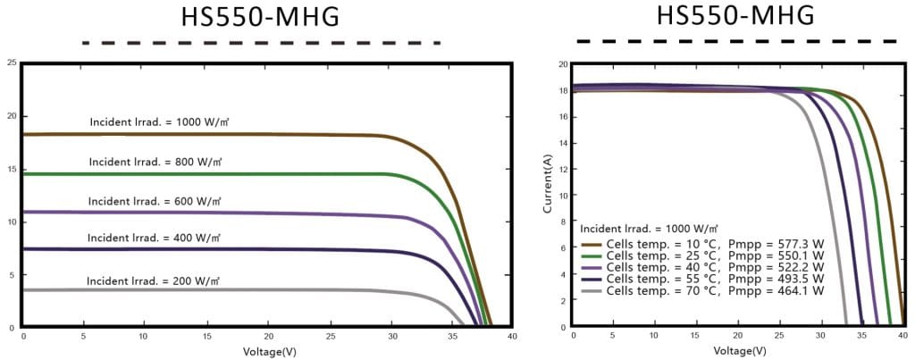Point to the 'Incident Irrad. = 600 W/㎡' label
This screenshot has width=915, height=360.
click(153, 201)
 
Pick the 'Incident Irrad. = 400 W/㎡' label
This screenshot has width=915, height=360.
click(153, 239)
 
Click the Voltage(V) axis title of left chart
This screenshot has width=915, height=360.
click(267, 351)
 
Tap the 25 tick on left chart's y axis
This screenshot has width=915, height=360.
click(11, 63)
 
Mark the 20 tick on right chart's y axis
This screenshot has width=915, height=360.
click(563, 64)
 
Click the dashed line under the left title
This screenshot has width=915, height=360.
click(260, 43)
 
